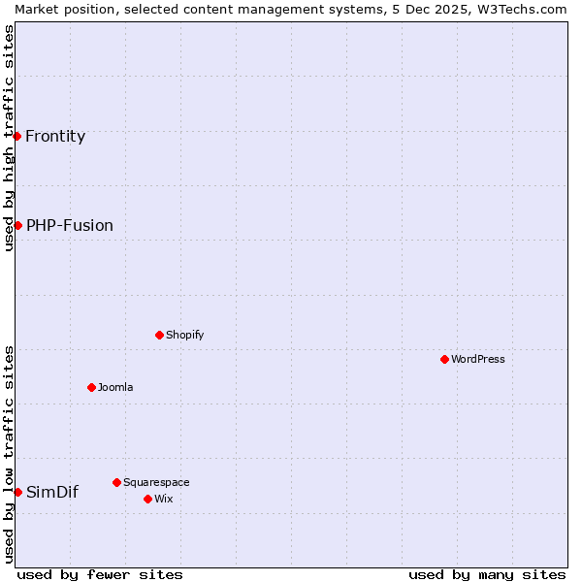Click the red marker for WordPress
[x=444, y=359]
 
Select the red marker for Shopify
[x=159, y=335]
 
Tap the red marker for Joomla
[x=91, y=387]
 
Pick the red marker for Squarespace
[x=116, y=482]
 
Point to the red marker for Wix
[x=147, y=499]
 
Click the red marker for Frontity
[x=17, y=136]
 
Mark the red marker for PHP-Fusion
[x=17, y=225]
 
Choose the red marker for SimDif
[x=17, y=492]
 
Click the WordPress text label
[x=478, y=359]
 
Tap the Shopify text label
[x=184, y=335]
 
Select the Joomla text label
[x=115, y=387]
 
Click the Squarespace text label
[x=156, y=482]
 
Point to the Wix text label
[x=163, y=499]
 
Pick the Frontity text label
[x=55, y=136]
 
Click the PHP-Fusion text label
[x=70, y=225]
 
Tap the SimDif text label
[x=52, y=492]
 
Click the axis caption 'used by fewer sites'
[x=100, y=574]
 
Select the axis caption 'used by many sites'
[x=487, y=574]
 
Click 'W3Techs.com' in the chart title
[x=525, y=9]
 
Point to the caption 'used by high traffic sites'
[x=9, y=138]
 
